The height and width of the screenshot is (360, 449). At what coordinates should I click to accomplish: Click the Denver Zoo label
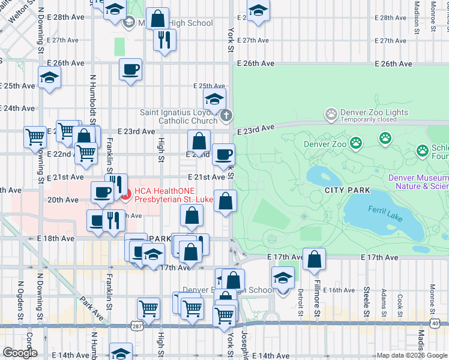pyautogui.click(x=325, y=144)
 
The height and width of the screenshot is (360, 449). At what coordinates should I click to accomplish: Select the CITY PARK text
pyautogui.click(x=346, y=190)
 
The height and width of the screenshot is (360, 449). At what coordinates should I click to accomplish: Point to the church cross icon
pyautogui.click(x=226, y=116)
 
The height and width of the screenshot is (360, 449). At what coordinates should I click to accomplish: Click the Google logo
pyautogui.click(x=20, y=352)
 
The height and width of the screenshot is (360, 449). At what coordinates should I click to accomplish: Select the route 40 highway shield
pyautogui.click(x=435, y=323)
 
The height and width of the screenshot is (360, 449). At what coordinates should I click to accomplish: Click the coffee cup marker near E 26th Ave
pyautogui.click(x=130, y=70)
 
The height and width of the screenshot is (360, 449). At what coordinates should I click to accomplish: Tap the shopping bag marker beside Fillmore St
pyautogui.click(x=314, y=259)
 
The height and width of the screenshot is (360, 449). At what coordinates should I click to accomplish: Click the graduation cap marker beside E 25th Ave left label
pyautogui.click(x=49, y=77)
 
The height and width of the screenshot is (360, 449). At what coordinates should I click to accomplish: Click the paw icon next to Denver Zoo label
pyautogui.click(x=356, y=143)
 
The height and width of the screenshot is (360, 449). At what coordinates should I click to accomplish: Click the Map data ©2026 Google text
pyautogui.click(x=412, y=355)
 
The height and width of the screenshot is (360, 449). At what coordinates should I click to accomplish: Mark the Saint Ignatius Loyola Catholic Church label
pyautogui.click(x=178, y=116)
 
